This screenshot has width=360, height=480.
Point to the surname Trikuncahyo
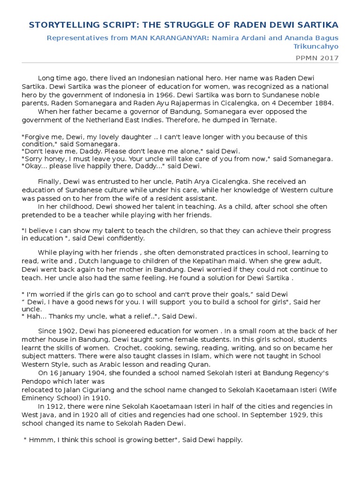point(315,46)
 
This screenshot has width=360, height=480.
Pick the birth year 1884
point(323,103)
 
